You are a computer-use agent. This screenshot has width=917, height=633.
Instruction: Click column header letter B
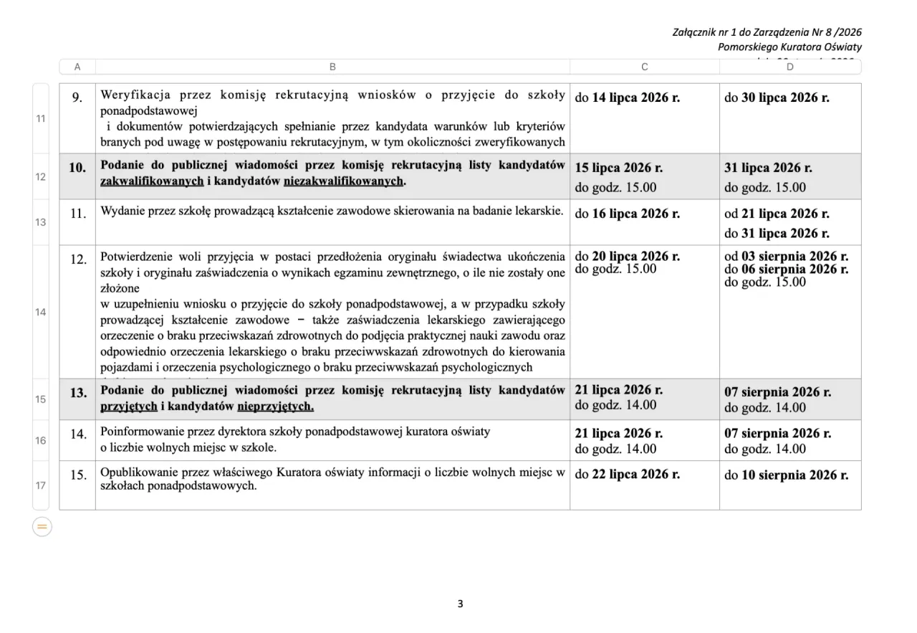pyautogui.click(x=332, y=67)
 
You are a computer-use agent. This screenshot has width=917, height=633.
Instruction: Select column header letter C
pyautogui.click(x=645, y=67)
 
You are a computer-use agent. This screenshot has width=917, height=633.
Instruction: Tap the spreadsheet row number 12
pyautogui.click(x=41, y=176)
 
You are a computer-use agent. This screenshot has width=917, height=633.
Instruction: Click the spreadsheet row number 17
pyautogui.click(x=41, y=485)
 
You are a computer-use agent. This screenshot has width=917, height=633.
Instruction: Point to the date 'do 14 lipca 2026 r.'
pyautogui.click(x=627, y=97)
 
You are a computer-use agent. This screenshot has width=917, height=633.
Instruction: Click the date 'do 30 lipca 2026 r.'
pyautogui.click(x=777, y=97)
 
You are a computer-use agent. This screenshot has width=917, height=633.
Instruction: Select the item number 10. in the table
pyautogui.click(x=77, y=168)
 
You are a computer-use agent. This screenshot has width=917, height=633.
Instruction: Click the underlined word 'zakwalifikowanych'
pyautogui.click(x=152, y=181)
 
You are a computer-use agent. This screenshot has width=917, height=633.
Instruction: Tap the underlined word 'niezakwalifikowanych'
pyautogui.click(x=343, y=181)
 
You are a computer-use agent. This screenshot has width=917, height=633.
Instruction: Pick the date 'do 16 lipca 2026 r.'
pyautogui.click(x=627, y=214)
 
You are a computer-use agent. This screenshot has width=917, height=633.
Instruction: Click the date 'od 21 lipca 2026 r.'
pyautogui.click(x=777, y=214)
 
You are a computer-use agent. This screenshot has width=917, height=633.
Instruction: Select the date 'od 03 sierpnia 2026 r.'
pyautogui.click(x=786, y=256)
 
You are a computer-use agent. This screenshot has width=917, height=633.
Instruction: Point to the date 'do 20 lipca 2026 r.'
pyautogui.click(x=627, y=256)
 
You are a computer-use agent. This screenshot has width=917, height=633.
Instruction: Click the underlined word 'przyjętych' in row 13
pyautogui.click(x=128, y=406)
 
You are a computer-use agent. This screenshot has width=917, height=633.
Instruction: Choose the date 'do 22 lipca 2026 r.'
pyautogui.click(x=627, y=475)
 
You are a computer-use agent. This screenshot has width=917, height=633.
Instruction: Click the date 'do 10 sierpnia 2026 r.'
pyautogui.click(x=786, y=475)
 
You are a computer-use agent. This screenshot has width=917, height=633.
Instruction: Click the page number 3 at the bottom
pyautogui.click(x=460, y=604)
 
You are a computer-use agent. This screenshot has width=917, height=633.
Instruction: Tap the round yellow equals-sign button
pyautogui.click(x=42, y=528)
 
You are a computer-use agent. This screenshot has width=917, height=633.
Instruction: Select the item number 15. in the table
pyautogui.click(x=78, y=475)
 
